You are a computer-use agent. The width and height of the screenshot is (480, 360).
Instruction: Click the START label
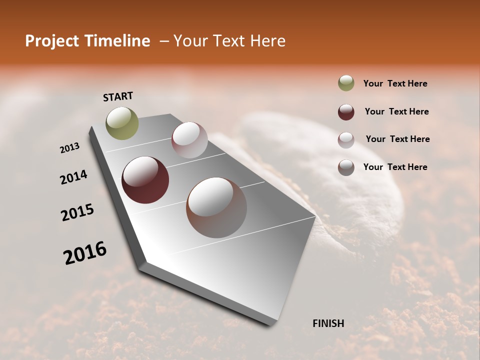pos(118,96)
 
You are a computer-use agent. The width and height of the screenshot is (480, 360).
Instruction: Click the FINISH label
pos(328,323)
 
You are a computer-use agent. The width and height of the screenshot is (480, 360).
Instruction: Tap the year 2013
pos(70,148)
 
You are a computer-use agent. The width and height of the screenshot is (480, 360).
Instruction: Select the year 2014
pos(73,177)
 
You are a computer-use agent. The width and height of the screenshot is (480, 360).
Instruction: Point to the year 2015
pos(77,212)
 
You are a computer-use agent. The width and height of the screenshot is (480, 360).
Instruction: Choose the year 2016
pos(85,253)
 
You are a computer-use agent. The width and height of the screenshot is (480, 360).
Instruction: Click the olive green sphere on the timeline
pos(122,123)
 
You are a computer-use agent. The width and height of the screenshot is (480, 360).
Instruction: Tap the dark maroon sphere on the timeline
pos(145,180)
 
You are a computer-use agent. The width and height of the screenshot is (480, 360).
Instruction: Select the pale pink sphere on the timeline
pos(189,140)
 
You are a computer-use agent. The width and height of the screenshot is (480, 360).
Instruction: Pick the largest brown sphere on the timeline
pos(216,207)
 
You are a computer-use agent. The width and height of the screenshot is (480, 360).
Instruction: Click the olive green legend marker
pos(346,83)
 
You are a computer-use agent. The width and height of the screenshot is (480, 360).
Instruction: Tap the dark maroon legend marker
pos(346,111)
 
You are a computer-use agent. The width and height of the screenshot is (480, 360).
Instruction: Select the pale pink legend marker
pos(346,139)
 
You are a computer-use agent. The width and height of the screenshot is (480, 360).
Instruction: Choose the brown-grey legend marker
pos(346,167)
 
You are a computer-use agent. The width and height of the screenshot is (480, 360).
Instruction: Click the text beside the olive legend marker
pos(395,83)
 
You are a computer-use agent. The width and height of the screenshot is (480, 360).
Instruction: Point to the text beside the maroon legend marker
pos(396,111)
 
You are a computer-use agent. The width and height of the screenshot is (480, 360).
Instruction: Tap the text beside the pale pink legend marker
pos(397,139)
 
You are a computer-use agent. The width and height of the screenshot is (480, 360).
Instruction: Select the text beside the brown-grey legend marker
pos(395,167)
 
